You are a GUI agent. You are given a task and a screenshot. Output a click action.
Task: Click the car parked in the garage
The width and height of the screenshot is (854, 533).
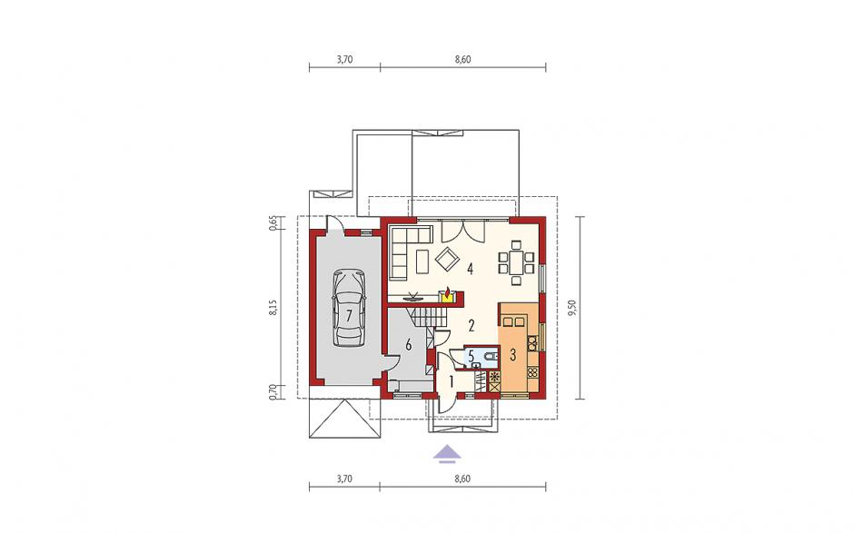point(349,308)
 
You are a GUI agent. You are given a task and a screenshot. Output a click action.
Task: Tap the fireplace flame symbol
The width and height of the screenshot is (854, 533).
point(448,294)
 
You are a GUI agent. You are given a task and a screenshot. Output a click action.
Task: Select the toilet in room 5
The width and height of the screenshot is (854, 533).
point(490,356)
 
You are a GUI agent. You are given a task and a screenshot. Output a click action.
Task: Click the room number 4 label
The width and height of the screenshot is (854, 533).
point(469,268)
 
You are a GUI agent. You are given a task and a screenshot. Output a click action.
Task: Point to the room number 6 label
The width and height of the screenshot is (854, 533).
point(408,344)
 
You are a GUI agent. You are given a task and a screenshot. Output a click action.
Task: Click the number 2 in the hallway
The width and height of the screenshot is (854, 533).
point(472,326)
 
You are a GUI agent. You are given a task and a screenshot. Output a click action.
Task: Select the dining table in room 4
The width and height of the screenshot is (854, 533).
point(516,263)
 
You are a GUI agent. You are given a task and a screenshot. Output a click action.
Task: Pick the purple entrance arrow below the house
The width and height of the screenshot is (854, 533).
point(447,453)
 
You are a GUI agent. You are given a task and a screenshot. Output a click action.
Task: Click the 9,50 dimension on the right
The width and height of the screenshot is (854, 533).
point(571,308)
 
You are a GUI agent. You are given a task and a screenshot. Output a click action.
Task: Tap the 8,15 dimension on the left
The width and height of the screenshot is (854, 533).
point(275,308)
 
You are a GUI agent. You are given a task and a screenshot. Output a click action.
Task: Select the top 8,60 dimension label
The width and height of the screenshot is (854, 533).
point(462,60)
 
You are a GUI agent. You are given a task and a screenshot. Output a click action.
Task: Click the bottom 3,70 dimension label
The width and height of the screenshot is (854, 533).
point(344,479)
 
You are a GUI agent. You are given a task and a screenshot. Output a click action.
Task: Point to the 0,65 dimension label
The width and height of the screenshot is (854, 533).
point(274,223)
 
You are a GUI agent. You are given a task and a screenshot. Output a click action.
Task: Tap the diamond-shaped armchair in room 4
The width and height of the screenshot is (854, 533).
point(448,260)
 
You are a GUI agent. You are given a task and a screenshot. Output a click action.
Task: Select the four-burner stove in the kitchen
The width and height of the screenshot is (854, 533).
point(532,372)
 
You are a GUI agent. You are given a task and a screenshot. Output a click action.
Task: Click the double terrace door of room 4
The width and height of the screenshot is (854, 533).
point(462,231)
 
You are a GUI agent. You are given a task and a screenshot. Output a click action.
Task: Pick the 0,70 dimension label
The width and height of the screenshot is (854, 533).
point(274,392)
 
